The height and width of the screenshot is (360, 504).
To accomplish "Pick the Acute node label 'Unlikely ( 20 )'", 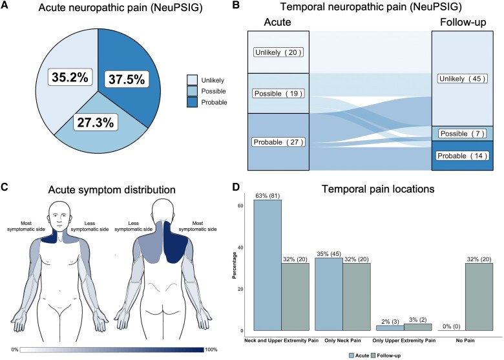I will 269,52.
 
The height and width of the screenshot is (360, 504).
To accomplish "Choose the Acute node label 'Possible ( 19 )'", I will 269,94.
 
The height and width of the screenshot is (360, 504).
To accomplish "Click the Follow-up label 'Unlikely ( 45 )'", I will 463,79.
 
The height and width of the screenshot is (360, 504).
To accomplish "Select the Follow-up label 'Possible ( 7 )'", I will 463,134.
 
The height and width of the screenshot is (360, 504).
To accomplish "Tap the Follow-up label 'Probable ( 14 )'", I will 463,156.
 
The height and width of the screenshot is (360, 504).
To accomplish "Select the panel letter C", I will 5,188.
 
